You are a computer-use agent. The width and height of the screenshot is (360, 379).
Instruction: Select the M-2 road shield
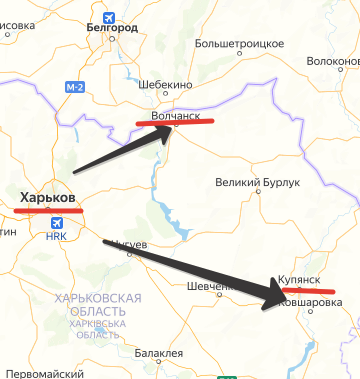click(76, 88)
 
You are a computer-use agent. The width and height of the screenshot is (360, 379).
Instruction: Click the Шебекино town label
click(164, 85)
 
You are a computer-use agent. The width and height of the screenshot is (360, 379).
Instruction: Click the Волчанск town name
click(182, 116)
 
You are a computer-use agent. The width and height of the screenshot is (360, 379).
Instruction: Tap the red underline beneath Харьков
click(49, 210)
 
